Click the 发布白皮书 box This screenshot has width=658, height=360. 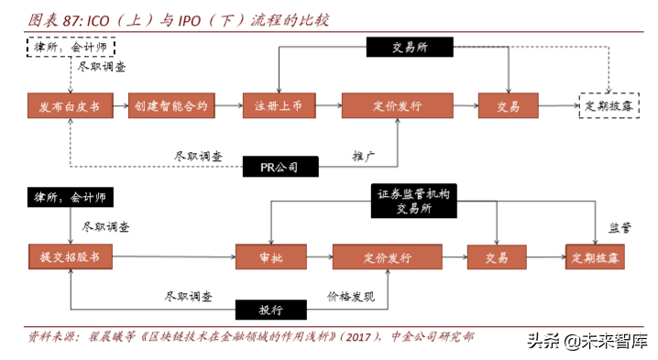[x=71, y=106]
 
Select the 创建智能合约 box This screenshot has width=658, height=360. [x=171, y=106]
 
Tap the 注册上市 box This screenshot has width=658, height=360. [x=279, y=106]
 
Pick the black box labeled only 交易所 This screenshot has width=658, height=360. [x=411, y=48]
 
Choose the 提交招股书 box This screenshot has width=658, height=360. [x=71, y=257]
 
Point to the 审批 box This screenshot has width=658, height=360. [x=270, y=257]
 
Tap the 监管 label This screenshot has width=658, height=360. [x=621, y=226]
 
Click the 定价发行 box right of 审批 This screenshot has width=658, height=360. [x=384, y=257]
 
